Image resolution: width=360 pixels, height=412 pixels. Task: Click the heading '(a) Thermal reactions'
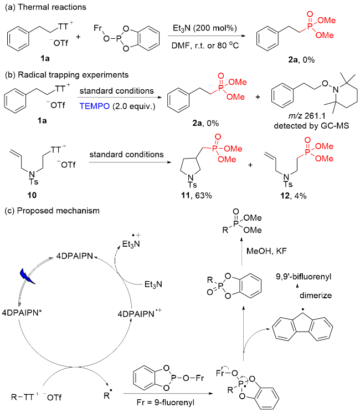tap(45, 7)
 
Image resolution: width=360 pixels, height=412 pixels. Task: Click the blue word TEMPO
tap(95, 106)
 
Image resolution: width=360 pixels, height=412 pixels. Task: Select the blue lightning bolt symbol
tap(27, 276)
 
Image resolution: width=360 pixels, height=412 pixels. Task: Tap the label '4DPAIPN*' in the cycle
tap(22, 313)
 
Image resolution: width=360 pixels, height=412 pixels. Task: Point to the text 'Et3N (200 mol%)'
tap(205, 28)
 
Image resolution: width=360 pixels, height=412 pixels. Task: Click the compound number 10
tap(32, 195)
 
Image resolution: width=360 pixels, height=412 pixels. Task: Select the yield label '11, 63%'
tap(196, 196)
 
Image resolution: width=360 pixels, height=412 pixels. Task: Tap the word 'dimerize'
tap(316, 296)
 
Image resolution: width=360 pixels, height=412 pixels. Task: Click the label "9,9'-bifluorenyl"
tap(304, 277)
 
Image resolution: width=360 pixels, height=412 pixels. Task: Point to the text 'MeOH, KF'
tap(266, 251)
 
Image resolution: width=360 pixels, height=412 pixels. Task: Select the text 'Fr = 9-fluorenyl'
tap(166, 403)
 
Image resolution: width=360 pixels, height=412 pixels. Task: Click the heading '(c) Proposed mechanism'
tap(52, 211)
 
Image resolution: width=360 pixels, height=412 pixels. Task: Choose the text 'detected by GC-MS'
tap(311, 126)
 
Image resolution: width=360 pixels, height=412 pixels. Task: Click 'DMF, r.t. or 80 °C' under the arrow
tap(205, 45)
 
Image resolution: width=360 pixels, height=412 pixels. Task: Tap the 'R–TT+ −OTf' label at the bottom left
tap(36, 397)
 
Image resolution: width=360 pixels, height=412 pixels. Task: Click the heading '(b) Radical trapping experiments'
tap(66, 75)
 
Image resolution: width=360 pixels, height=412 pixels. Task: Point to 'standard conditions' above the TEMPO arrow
tap(117, 91)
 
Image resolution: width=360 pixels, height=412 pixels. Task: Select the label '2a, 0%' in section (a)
tap(301, 60)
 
